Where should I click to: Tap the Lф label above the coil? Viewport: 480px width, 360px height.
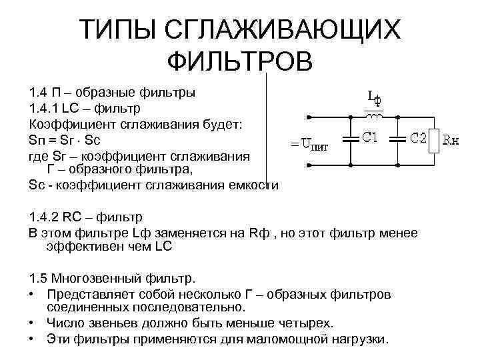pos(374,99)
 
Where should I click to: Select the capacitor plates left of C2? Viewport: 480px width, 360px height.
pos(397,140)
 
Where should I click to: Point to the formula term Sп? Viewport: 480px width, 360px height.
pos(37,141)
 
